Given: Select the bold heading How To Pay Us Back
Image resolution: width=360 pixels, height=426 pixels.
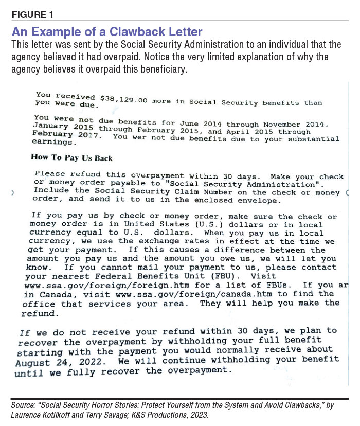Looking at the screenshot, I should (71, 157).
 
